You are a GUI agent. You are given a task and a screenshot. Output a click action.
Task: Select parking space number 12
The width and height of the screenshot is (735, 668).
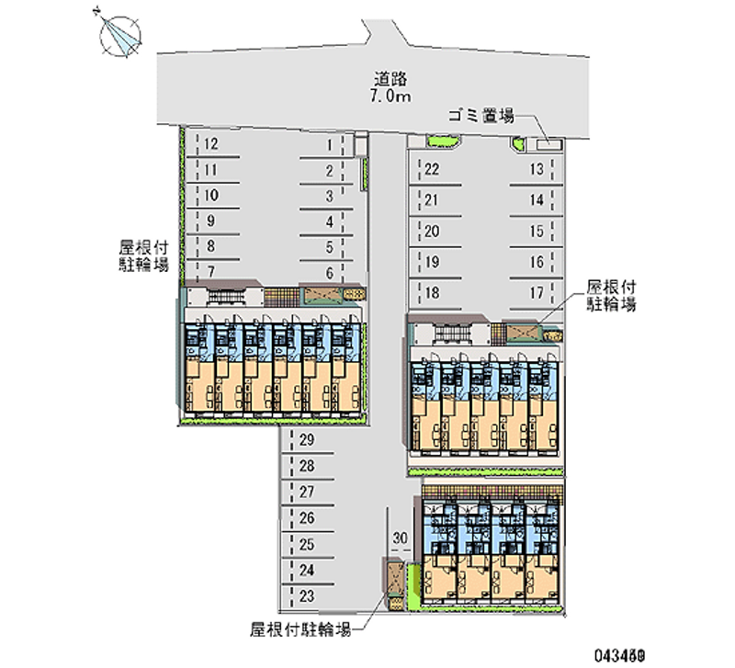pos(211,144)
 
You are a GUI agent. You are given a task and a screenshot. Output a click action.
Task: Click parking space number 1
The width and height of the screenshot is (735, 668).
pos(328,144)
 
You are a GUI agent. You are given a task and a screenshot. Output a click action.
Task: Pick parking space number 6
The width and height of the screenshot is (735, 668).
pos(328,272)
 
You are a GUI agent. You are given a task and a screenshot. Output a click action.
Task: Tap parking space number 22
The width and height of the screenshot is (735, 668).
pos(432,168)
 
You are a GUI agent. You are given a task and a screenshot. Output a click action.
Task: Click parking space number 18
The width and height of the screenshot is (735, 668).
pos(432,294)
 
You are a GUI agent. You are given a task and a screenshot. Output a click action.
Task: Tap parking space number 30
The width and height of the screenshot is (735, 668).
pos(399,538)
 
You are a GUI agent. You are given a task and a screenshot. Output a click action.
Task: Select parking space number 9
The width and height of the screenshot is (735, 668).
pos(211,221)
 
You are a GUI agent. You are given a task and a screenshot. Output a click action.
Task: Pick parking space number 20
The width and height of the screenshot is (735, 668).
pos(432,232)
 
